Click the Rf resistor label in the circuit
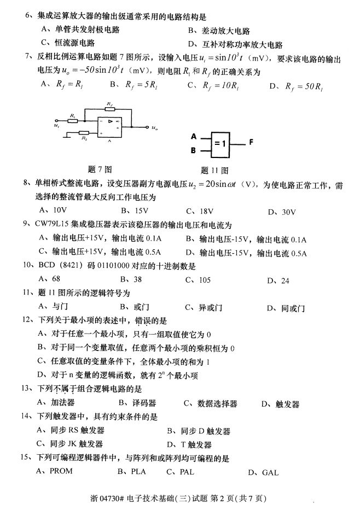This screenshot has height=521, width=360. (109, 103)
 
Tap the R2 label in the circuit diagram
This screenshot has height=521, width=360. (84, 139)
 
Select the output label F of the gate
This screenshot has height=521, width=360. (251, 142)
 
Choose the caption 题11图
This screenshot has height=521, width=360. (214, 170)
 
